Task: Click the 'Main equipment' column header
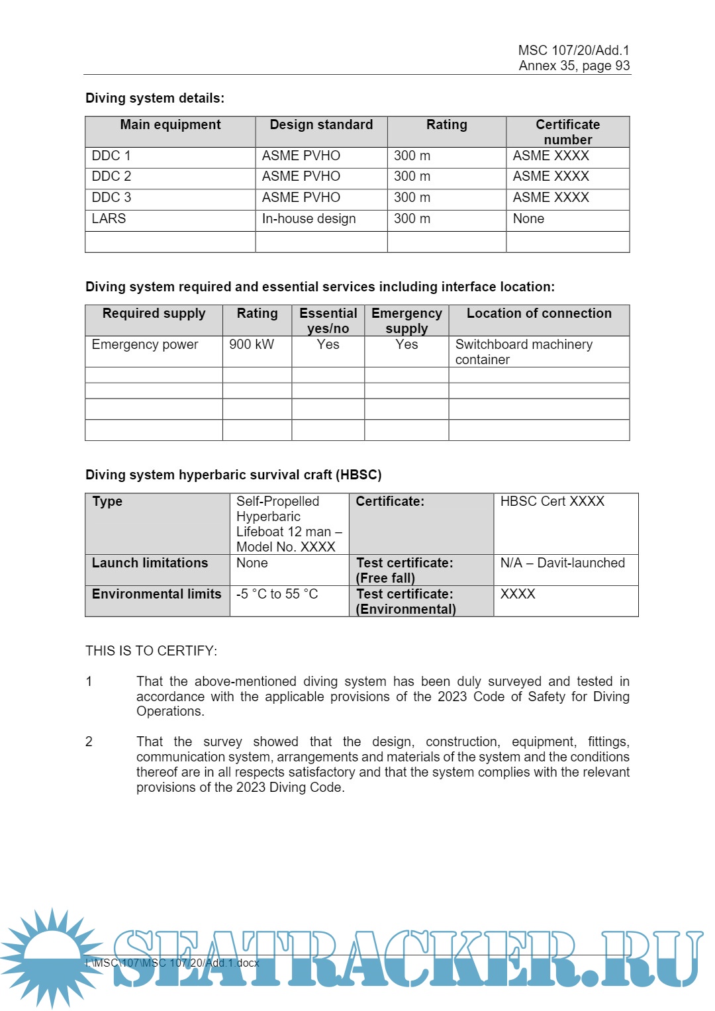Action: [170, 125]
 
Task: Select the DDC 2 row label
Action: [111, 177]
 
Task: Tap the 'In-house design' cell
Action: [309, 219]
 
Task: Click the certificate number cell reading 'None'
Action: [528, 219]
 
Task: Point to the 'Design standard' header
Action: [321, 125]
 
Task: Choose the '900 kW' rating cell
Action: [252, 345]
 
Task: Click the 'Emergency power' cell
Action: [145, 345]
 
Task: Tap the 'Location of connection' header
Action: [539, 314]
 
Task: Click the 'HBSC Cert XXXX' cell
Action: [552, 502]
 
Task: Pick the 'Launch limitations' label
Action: [150, 563]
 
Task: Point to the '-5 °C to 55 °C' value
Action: [277, 595]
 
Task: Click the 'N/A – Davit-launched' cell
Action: [562, 563]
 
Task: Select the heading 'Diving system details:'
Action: [155, 99]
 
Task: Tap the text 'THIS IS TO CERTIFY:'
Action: [151, 651]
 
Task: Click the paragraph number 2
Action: [89, 742]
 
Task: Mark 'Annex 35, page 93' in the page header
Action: [574, 66]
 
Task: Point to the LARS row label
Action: [109, 219]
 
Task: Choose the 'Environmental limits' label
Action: [156, 595]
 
